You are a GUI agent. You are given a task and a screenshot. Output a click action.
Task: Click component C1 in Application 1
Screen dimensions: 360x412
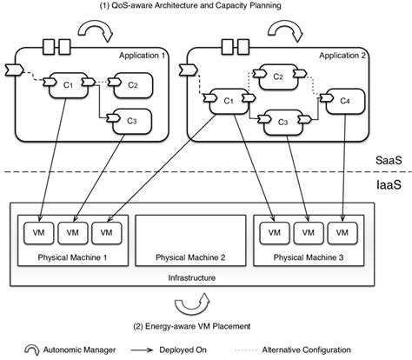point(66,84)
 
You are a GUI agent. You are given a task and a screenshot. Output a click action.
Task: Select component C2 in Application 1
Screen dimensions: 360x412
point(131,84)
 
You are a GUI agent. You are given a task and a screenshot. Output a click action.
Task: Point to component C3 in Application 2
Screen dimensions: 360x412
point(282,123)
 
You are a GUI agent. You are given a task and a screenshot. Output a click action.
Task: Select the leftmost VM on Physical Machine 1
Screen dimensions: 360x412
point(43,234)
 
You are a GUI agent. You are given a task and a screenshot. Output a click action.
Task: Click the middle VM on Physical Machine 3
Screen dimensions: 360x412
point(307,234)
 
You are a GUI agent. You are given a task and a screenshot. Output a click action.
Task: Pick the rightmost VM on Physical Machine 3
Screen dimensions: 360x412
point(340,234)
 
